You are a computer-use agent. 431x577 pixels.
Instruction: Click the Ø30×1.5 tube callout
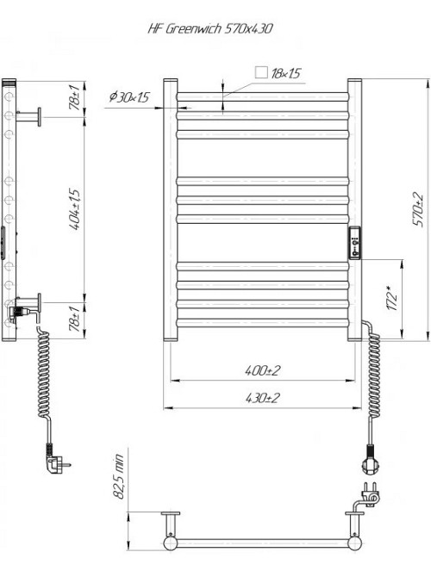coord(130,96)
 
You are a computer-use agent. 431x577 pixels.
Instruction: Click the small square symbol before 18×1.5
coord(260,73)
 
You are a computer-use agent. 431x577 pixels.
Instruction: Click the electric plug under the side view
coord(56,462)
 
